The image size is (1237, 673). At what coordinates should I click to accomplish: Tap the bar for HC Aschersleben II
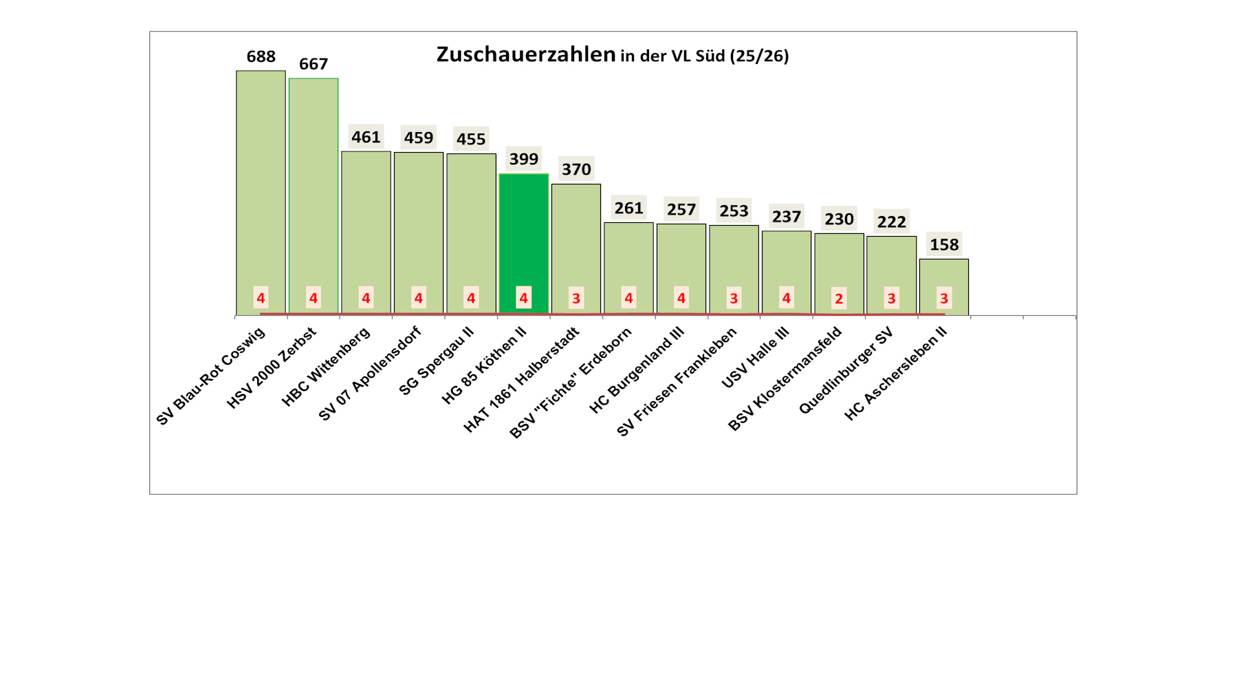pyautogui.click(x=943, y=275)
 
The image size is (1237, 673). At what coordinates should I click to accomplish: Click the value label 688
pyautogui.click(x=261, y=56)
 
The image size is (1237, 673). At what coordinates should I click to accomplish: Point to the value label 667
pyautogui.click(x=313, y=64)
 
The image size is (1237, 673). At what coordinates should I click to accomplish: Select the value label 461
pyautogui.click(x=366, y=137)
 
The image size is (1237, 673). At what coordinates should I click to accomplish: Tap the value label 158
pyautogui.click(x=943, y=244)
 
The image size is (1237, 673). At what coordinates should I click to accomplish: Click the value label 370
pyautogui.click(x=576, y=169)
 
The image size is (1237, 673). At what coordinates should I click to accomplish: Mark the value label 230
pyautogui.click(x=839, y=219)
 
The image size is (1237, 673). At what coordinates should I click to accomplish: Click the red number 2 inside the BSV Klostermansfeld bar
pyautogui.click(x=839, y=299)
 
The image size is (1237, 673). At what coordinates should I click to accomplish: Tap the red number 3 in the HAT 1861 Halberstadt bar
pyautogui.click(x=576, y=299)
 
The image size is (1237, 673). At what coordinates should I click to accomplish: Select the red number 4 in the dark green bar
pyautogui.click(x=523, y=298)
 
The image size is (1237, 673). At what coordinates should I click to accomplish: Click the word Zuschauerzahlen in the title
pyautogui.click(x=526, y=54)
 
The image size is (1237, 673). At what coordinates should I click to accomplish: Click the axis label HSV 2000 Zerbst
pyautogui.click(x=272, y=368)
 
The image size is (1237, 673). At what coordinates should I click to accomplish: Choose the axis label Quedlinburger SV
pyautogui.click(x=846, y=371)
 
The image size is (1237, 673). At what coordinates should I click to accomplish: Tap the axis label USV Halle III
pyautogui.click(x=755, y=358)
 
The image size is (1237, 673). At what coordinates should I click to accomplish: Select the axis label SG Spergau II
pyautogui.click(x=437, y=361)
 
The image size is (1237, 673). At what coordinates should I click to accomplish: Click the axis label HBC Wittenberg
pyautogui.click(x=326, y=366)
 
